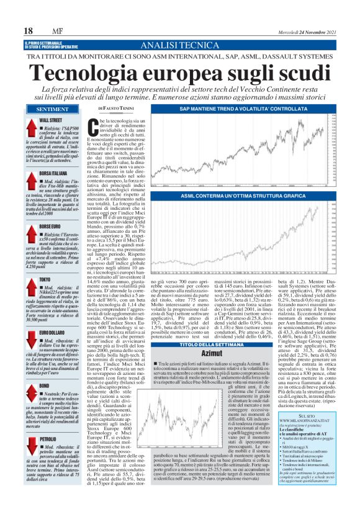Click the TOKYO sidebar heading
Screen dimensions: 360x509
coord(45,279)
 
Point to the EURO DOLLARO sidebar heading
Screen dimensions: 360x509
coord(52,333)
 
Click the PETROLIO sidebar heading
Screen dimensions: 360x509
coord(48,440)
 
